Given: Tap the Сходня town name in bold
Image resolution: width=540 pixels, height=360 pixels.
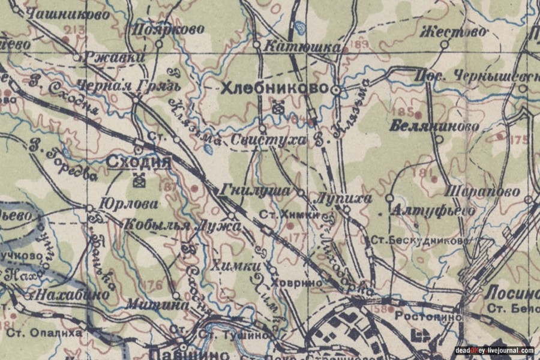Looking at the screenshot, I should [x=139, y=162].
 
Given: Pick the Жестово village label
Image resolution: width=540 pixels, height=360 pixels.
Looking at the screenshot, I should [x=453, y=31].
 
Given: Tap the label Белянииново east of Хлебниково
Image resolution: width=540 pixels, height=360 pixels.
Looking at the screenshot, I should [x=434, y=126].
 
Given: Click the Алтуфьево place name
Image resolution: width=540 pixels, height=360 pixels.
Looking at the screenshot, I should [x=432, y=211].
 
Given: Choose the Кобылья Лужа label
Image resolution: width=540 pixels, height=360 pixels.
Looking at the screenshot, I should [x=182, y=226].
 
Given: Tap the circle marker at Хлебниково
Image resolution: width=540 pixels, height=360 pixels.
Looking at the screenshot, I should [x=337, y=90].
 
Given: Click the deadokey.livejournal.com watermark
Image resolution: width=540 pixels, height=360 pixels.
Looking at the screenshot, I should [x=494, y=350].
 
